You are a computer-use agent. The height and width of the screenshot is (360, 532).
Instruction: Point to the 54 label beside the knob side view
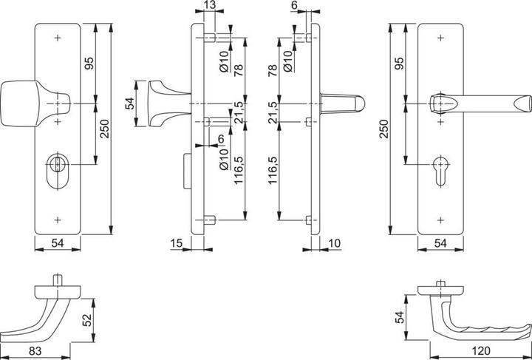[x=131, y=103]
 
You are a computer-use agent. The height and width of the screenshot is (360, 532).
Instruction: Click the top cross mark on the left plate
[x=58, y=36]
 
